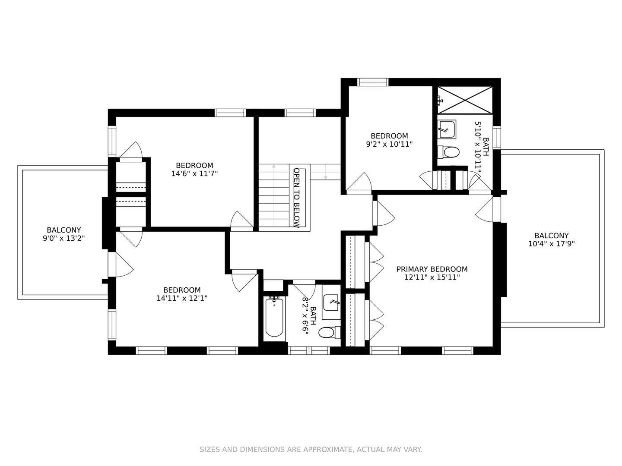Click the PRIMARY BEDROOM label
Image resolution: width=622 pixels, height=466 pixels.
[x=432, y=269]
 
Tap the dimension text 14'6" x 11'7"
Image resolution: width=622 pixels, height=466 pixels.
[x=194, y=173]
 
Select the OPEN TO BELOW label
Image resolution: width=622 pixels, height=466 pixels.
[x=297, y=197]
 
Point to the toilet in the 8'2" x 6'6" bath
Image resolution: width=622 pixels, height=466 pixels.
[x=327, y=333]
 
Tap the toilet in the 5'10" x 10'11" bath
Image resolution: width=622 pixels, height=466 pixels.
[x=449, y=152]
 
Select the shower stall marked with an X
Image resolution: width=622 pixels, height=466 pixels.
[x=465, y=100]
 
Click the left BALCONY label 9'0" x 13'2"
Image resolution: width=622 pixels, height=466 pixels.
[x=63, y=230]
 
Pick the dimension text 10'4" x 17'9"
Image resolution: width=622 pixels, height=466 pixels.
[x=551, y=244]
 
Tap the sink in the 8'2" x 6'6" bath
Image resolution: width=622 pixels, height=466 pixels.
[x=331, y=303]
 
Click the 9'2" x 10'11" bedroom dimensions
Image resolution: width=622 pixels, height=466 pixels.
[x=389, y=144]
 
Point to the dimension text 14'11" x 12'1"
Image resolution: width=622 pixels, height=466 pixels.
[x=182, y=298]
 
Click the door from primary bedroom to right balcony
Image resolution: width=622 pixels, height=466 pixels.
[x=486, y=210]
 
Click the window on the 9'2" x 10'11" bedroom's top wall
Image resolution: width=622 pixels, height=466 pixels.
[x=373, y=82]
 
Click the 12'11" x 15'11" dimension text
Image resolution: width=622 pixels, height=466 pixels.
[x=432, y=277]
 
